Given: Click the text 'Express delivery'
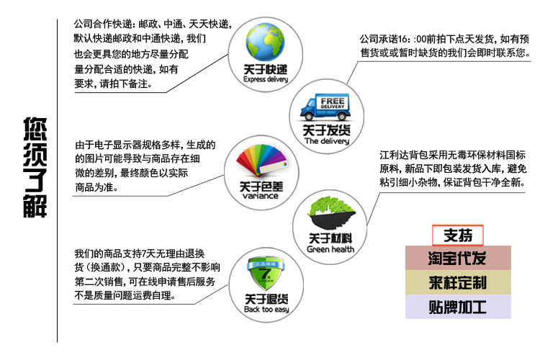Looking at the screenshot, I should (266, 80).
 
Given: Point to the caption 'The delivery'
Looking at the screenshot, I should (326, 142).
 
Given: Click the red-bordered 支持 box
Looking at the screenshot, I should (457, 235).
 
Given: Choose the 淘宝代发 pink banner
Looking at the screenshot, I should (457, 258).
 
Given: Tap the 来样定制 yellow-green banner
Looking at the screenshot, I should (457, 282).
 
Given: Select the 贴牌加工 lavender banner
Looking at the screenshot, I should (457, 307).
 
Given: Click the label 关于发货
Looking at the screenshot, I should (326, 131).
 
